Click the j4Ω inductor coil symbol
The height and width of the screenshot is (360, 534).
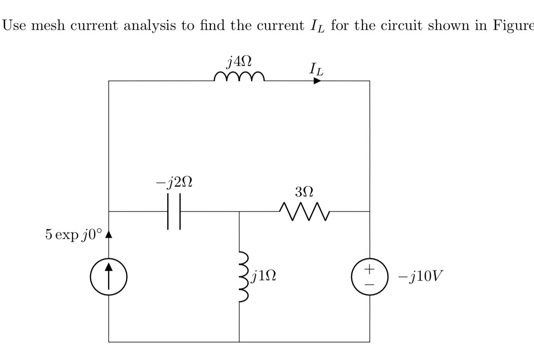click(239, 76)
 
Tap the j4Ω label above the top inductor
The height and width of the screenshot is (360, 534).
click(239, 62)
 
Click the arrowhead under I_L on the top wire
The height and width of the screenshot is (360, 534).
click(317, 81)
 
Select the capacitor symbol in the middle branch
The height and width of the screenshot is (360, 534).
click(174, 211)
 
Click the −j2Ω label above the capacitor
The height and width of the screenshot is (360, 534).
click(174, 183)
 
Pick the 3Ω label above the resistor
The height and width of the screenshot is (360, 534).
click(304, 191)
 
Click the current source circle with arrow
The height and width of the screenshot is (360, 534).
click(109, 277)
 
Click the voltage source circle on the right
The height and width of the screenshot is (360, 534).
click(370, 277)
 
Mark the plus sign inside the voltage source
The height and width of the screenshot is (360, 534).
click(370, 269)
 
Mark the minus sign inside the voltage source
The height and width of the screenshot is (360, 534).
click(370, 283)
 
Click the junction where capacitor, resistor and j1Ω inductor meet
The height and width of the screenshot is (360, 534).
click(239, 211)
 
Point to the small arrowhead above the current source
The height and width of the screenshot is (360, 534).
click(109, 234)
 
